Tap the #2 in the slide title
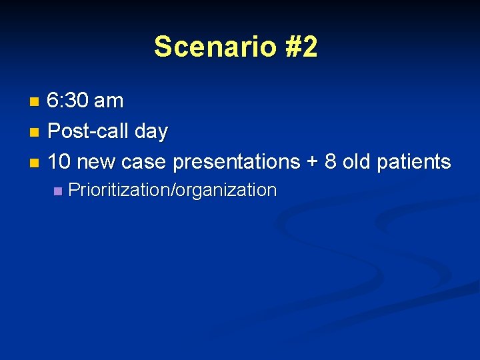pos(299,47)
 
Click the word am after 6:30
pos(109,101)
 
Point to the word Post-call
pos(89,131)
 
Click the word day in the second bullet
pos(151,132)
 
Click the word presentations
pos(236,162)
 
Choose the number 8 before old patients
pos(331,161)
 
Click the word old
pos(357,161)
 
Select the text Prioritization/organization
pos(172,191)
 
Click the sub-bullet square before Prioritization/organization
pos(57,191)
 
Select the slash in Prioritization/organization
pos(172,191)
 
